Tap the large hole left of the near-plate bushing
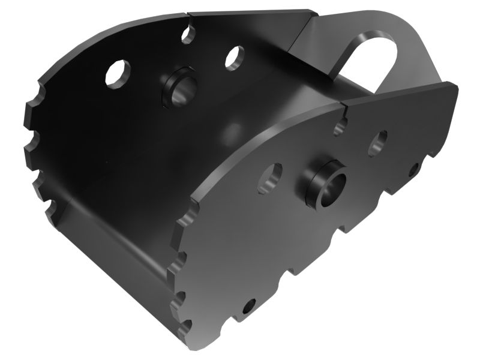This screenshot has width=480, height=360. click(269, 178)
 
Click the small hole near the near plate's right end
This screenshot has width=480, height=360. click(414, 170)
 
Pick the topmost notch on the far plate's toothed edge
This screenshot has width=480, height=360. click(40, 94)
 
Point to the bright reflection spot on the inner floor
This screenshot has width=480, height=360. click(228, 129)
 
